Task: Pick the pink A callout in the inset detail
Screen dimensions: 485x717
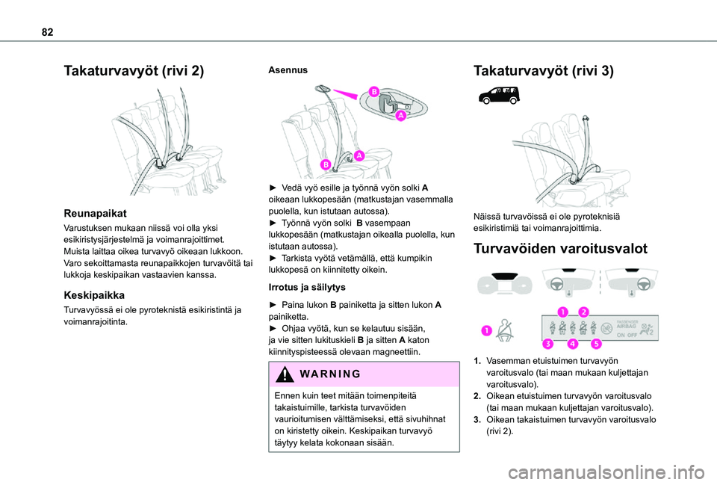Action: click(x=400, y=117)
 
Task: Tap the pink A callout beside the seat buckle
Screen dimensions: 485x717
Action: click(x=358, y=155)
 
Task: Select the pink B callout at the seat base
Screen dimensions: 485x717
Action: click(x=326, y=164)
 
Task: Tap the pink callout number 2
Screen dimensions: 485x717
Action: click(x=583, y=312)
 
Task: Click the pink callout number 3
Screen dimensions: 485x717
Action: click(x=547, y=344)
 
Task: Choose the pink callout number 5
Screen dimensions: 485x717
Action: click(x=595, y=344)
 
